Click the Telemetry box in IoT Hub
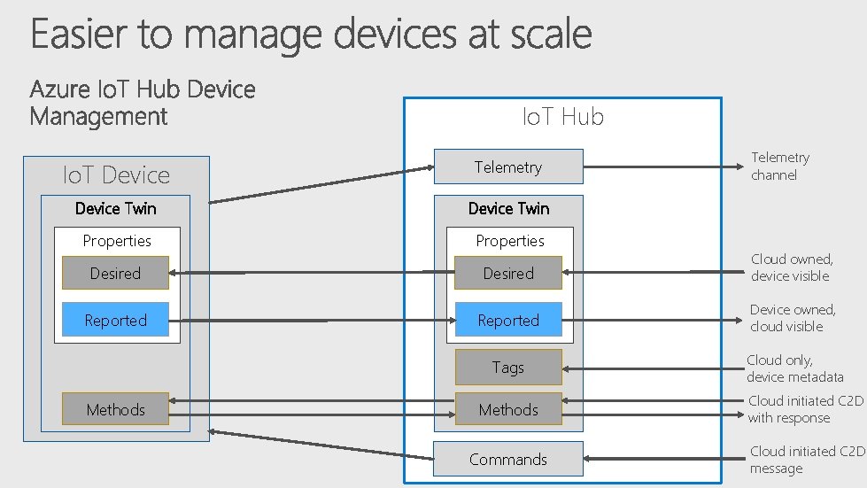pyautogui.click(x=508, y=167)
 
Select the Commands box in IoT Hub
pyautogui.click(x=508, y=459)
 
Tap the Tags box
pyautogui.click(x=508, y=367)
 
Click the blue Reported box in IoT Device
pyautogui.click(x=115, y=320)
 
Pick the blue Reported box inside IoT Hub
pyautogui.click(x=508, y=320)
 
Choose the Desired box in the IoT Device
pyautogui.click(x=115, y=273)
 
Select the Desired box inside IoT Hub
pyautogui.click(x=508, y=273)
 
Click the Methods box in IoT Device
pyautogui.click(x=115, y=408)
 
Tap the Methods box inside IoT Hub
pyautogui.click(x=508, y=409)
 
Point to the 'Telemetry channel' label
pyautogui.click(x=780, y=166)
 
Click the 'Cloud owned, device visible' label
pyautogui.click(x=791, y=267)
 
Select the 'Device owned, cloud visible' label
pyautogui.click(x=792, y=317)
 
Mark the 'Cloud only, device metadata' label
pyautogui.click(x=794, y=368)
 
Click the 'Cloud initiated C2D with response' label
pyautogui.click(x=805, y=409)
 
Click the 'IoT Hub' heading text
pyautogui.click(x=563, y=117)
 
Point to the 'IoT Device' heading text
pyautogui.click(x=116, y=174)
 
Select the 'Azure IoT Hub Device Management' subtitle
pyautogui.click(x=143, y=102)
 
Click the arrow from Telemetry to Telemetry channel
pyautogui.click(x=660, y=166)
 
